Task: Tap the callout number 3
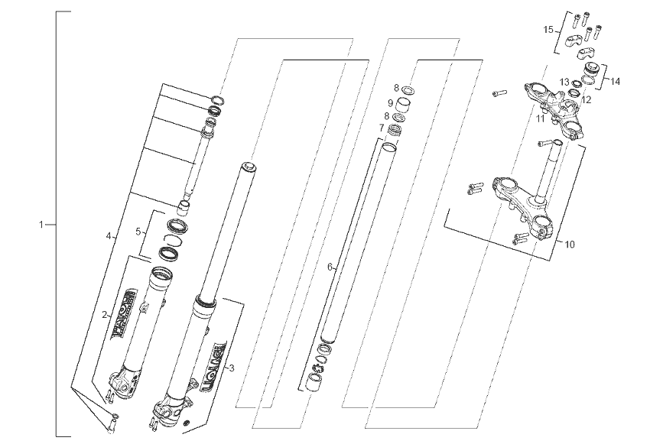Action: [232, 368]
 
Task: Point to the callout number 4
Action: [109, 235]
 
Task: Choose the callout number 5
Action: [138, 231]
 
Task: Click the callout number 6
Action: [330, 267]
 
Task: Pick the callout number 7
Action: [381, 128]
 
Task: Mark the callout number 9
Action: [390, 102]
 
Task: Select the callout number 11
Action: [540, 119]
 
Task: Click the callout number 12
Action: [587, 99]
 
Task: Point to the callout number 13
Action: [564, 83]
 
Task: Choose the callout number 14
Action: [616, 80]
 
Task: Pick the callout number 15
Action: [548, 30]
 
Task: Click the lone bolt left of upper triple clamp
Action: [499, 93]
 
